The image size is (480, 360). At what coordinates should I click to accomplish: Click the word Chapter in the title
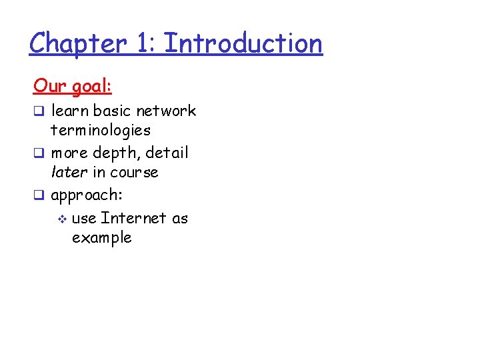click(77, 44)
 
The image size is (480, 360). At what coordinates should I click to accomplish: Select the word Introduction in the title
click(243, 44)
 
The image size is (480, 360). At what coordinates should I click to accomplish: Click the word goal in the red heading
click(91, 87)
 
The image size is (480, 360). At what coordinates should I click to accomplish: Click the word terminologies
click(101, 130)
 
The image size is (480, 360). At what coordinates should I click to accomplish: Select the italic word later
click(70, 172)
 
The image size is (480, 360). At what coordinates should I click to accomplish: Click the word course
click(134, 173)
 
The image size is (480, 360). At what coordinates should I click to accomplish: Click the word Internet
click(133, 218)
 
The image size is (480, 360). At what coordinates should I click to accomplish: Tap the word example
click(101, 238)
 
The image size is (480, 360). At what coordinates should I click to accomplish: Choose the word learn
click(71, 111)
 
